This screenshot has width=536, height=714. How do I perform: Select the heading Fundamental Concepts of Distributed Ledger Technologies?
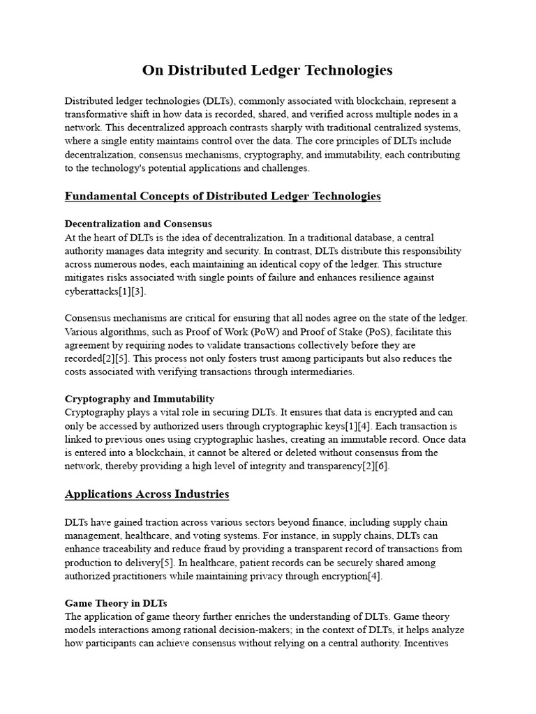(223, 196)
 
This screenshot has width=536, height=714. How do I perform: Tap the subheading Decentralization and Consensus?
(138, 225)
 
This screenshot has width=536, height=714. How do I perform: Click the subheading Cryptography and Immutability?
(140, 399)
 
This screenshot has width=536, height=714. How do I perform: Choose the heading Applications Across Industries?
(147, 494)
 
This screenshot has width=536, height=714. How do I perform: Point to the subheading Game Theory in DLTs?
(116, 602)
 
